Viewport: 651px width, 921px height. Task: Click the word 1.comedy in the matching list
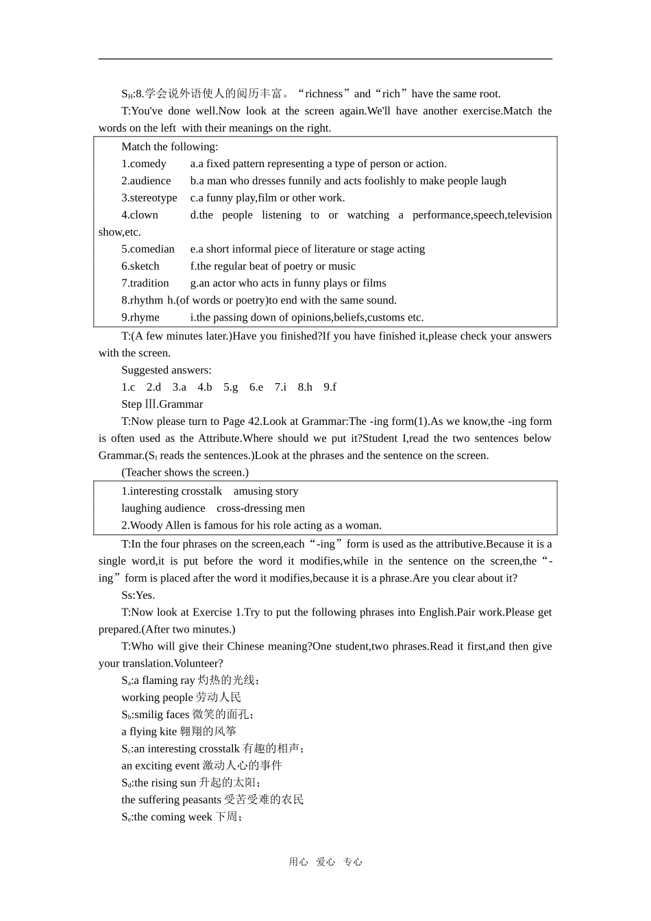pos(144,164)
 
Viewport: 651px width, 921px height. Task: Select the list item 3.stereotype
pos(149,198)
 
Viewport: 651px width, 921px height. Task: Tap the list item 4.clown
pos(140,215)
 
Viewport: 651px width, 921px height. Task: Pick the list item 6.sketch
pos(140,267)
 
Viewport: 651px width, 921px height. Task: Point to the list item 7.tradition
pos(145,283)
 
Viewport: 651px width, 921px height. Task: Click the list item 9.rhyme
pos(140,317)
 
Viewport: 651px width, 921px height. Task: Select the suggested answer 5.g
pos(230,387)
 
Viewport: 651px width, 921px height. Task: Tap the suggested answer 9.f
pos(330,387)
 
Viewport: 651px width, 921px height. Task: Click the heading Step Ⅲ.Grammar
pos(162,404)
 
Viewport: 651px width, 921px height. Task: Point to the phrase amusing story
pos(266,491)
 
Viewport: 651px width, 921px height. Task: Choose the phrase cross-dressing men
pos(260,508)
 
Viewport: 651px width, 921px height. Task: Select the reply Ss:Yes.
pos(138,595)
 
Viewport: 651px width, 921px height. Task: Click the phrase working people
pos(157,698)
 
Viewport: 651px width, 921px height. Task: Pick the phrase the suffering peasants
pos(171,800)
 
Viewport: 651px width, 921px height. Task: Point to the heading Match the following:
pos(170,147)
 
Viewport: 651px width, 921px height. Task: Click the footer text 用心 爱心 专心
pos(325,862)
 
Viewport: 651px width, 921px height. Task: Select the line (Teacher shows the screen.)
pos(185,473)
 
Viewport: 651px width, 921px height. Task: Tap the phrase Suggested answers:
pos(167,370)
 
